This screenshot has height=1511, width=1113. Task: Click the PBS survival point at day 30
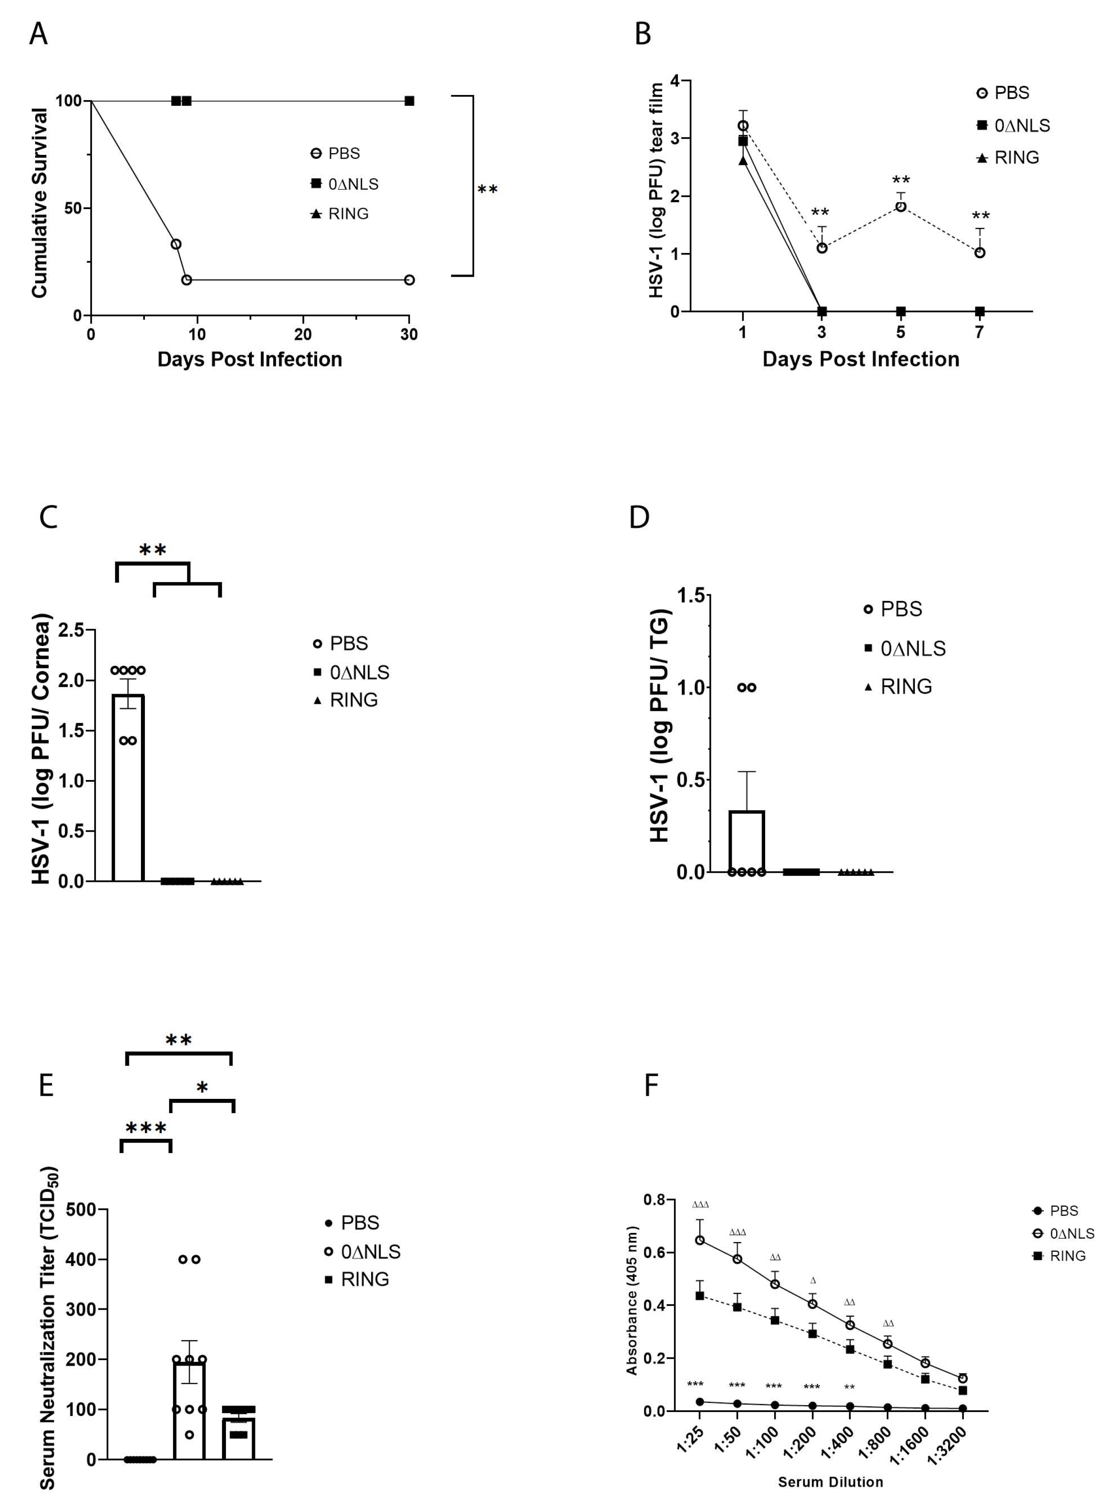click(409, 279)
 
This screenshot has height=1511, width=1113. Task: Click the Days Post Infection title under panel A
click(249, 359)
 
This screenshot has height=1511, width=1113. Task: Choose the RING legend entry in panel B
click(1008, 157)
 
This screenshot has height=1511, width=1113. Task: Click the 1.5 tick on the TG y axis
click(691, 596)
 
